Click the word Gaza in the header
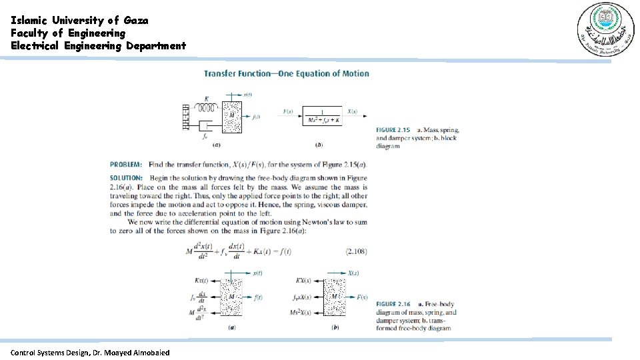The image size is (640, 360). pos(136,20)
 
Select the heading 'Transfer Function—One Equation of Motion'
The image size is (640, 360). pos(286,73)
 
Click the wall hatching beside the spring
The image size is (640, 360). pos(187,116)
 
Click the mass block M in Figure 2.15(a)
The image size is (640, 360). pos(232,116)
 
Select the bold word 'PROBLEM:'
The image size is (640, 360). pos(126,164)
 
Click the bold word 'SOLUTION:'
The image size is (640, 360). pos(126,178)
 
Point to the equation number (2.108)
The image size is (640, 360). pos(356,251)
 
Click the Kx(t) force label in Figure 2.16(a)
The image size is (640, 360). pos(201,281)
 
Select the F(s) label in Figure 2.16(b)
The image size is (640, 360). pos(363,297)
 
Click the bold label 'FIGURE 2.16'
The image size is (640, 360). pos(393,304)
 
